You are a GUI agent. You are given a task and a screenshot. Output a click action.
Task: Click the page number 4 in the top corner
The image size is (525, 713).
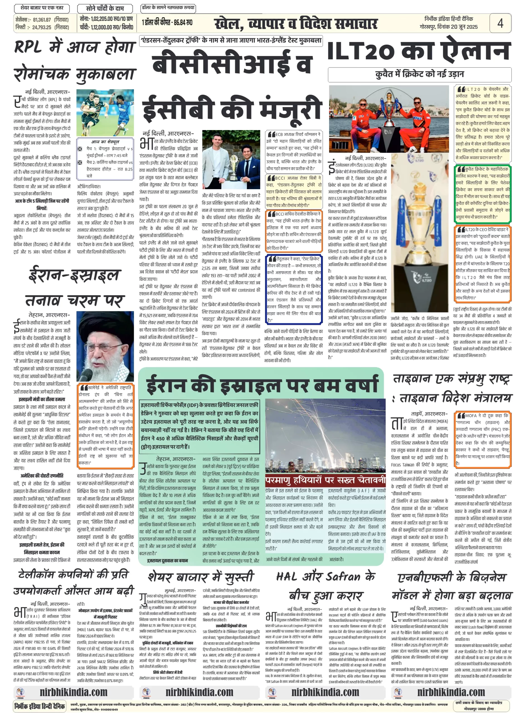tap(500, 23)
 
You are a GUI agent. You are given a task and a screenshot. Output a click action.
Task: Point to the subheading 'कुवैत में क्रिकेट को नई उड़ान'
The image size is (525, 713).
tap(419, 74)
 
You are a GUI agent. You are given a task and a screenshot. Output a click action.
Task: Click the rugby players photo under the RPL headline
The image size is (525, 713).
tap(105, 113)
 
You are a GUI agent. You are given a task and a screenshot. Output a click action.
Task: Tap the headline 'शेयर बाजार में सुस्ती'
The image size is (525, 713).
tap(201, 577)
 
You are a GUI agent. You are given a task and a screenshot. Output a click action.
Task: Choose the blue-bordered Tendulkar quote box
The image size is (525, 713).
tap(294, 289)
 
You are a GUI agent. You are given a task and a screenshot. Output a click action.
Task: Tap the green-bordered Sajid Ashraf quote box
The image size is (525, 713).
tap(482, 193)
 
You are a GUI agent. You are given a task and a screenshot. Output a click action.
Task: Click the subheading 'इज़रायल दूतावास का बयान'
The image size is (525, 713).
tap(167, 560)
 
